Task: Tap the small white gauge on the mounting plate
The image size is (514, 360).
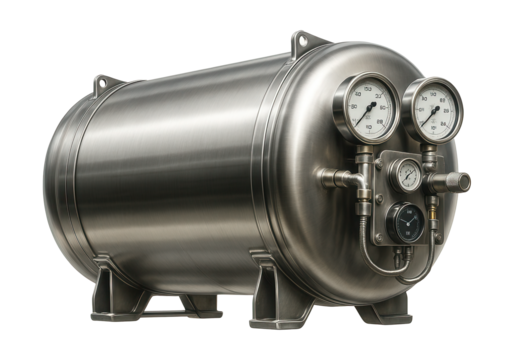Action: tap(407, 176)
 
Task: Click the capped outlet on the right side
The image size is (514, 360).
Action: tap(461, 180)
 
